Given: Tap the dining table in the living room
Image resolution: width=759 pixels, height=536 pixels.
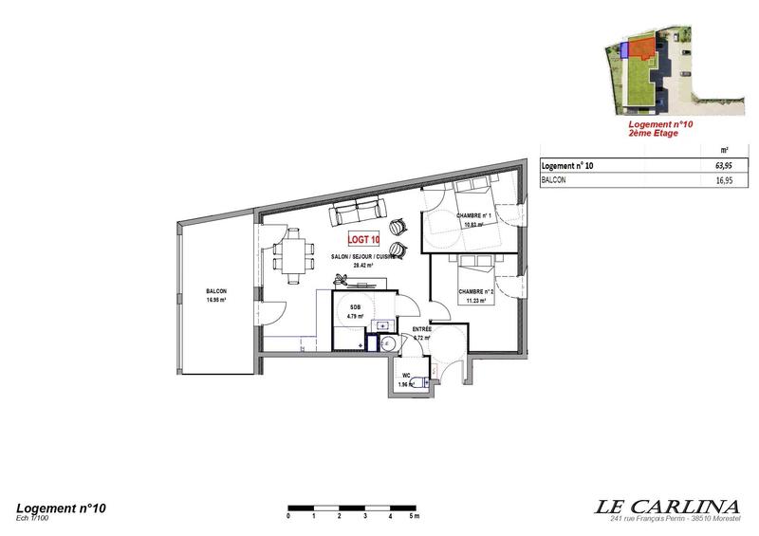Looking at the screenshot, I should [290, 255].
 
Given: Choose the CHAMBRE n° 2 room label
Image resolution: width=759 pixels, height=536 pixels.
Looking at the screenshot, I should [472, 292].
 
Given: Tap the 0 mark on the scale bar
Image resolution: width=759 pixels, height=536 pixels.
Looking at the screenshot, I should [288, 518].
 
